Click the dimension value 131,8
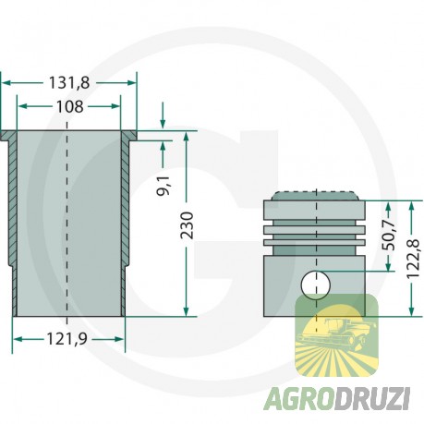(70, 83)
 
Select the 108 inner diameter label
(70, 106)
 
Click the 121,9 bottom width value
(69, 340)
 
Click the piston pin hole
(316, 281)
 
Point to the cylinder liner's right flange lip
(130, 138)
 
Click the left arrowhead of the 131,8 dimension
(6, 83)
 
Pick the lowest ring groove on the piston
(316, 244)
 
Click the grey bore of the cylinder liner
(69, 222)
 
